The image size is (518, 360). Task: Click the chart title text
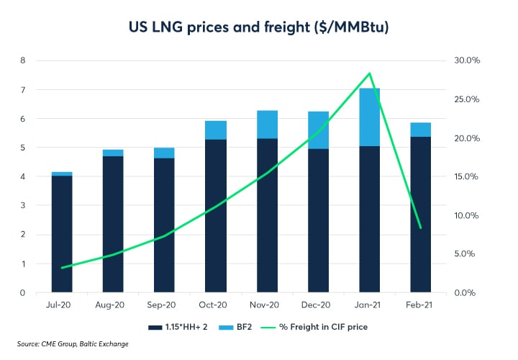point(259,27)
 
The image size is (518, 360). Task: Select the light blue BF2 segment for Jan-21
point(370,117)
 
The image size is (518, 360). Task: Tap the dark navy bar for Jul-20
point(62,234)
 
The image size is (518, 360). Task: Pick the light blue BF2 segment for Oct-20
point(216,130)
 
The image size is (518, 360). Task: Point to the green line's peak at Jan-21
point(370,73)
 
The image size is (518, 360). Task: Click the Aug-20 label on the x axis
point(113,306)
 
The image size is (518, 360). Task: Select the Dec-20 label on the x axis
point(318,306)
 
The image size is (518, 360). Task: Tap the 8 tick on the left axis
point(22,60)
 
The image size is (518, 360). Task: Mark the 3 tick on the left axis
point(22,206)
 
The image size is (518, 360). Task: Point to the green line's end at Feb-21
point(421,228)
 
